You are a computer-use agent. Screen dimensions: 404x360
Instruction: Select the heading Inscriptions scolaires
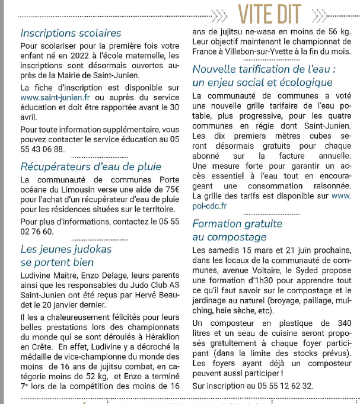pyautogui.click(x=71, y=33)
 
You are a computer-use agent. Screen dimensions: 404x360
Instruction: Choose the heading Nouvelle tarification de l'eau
pyautogui.click(x=264, y=69)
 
